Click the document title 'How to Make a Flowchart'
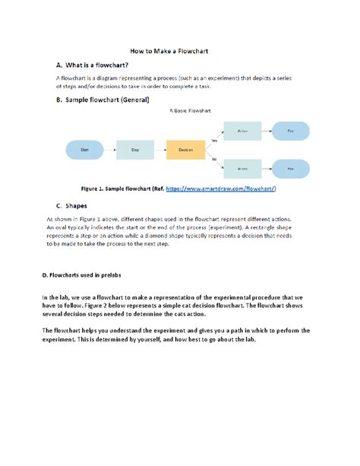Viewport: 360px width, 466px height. (180, 49)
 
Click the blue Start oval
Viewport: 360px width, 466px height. (85, 151)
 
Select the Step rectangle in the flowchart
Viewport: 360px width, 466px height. (135, 151)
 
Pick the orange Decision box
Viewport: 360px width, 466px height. (185, 151)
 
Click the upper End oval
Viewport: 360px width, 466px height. (290, 132)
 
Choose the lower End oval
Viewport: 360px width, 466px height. (290, 167)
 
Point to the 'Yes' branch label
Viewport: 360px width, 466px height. (215, 140)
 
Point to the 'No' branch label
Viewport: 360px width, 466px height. (215, 159)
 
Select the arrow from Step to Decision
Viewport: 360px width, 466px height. (160, 151)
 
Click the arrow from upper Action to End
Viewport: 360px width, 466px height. (267, 132)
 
